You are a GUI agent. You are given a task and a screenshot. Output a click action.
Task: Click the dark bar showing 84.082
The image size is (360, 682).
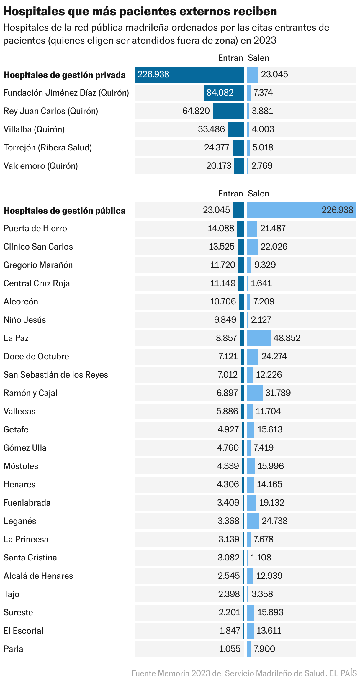(224, 93)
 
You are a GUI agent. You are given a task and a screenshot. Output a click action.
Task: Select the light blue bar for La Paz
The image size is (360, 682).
(259, 338)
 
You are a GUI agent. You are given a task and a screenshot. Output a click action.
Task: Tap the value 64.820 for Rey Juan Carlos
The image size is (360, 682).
(196, 111)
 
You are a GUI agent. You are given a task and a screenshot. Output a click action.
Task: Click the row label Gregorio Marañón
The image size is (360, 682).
(38, 265)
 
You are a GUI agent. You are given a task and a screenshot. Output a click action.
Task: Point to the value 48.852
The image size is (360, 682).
(287, 338)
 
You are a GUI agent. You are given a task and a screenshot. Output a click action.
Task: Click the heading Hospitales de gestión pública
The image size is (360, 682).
(64, 211)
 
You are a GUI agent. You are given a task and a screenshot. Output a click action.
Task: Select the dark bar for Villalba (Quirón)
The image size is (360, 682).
(236, 129)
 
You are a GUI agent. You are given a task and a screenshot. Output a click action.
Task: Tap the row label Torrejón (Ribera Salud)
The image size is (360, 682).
(48, 147)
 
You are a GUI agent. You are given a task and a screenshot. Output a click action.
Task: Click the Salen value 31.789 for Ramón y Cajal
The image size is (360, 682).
(278, 393)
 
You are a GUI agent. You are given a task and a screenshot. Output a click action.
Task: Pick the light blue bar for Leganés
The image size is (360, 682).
(253, 521)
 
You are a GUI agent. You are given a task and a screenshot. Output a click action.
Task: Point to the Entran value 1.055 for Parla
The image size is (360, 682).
(230, 649)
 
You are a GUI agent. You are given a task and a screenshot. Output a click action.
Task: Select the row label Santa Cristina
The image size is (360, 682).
(30, 558)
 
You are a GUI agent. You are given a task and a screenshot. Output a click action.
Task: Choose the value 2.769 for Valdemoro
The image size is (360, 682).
(262, 166)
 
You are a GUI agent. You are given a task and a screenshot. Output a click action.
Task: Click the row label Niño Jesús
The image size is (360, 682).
(24, 320)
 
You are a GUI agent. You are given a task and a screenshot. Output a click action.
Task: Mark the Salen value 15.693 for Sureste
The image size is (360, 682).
(270, 612)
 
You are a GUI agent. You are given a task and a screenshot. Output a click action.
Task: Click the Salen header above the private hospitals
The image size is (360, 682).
(258, 58)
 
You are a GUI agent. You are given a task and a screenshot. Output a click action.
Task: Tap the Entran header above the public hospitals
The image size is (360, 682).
(230, 194)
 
